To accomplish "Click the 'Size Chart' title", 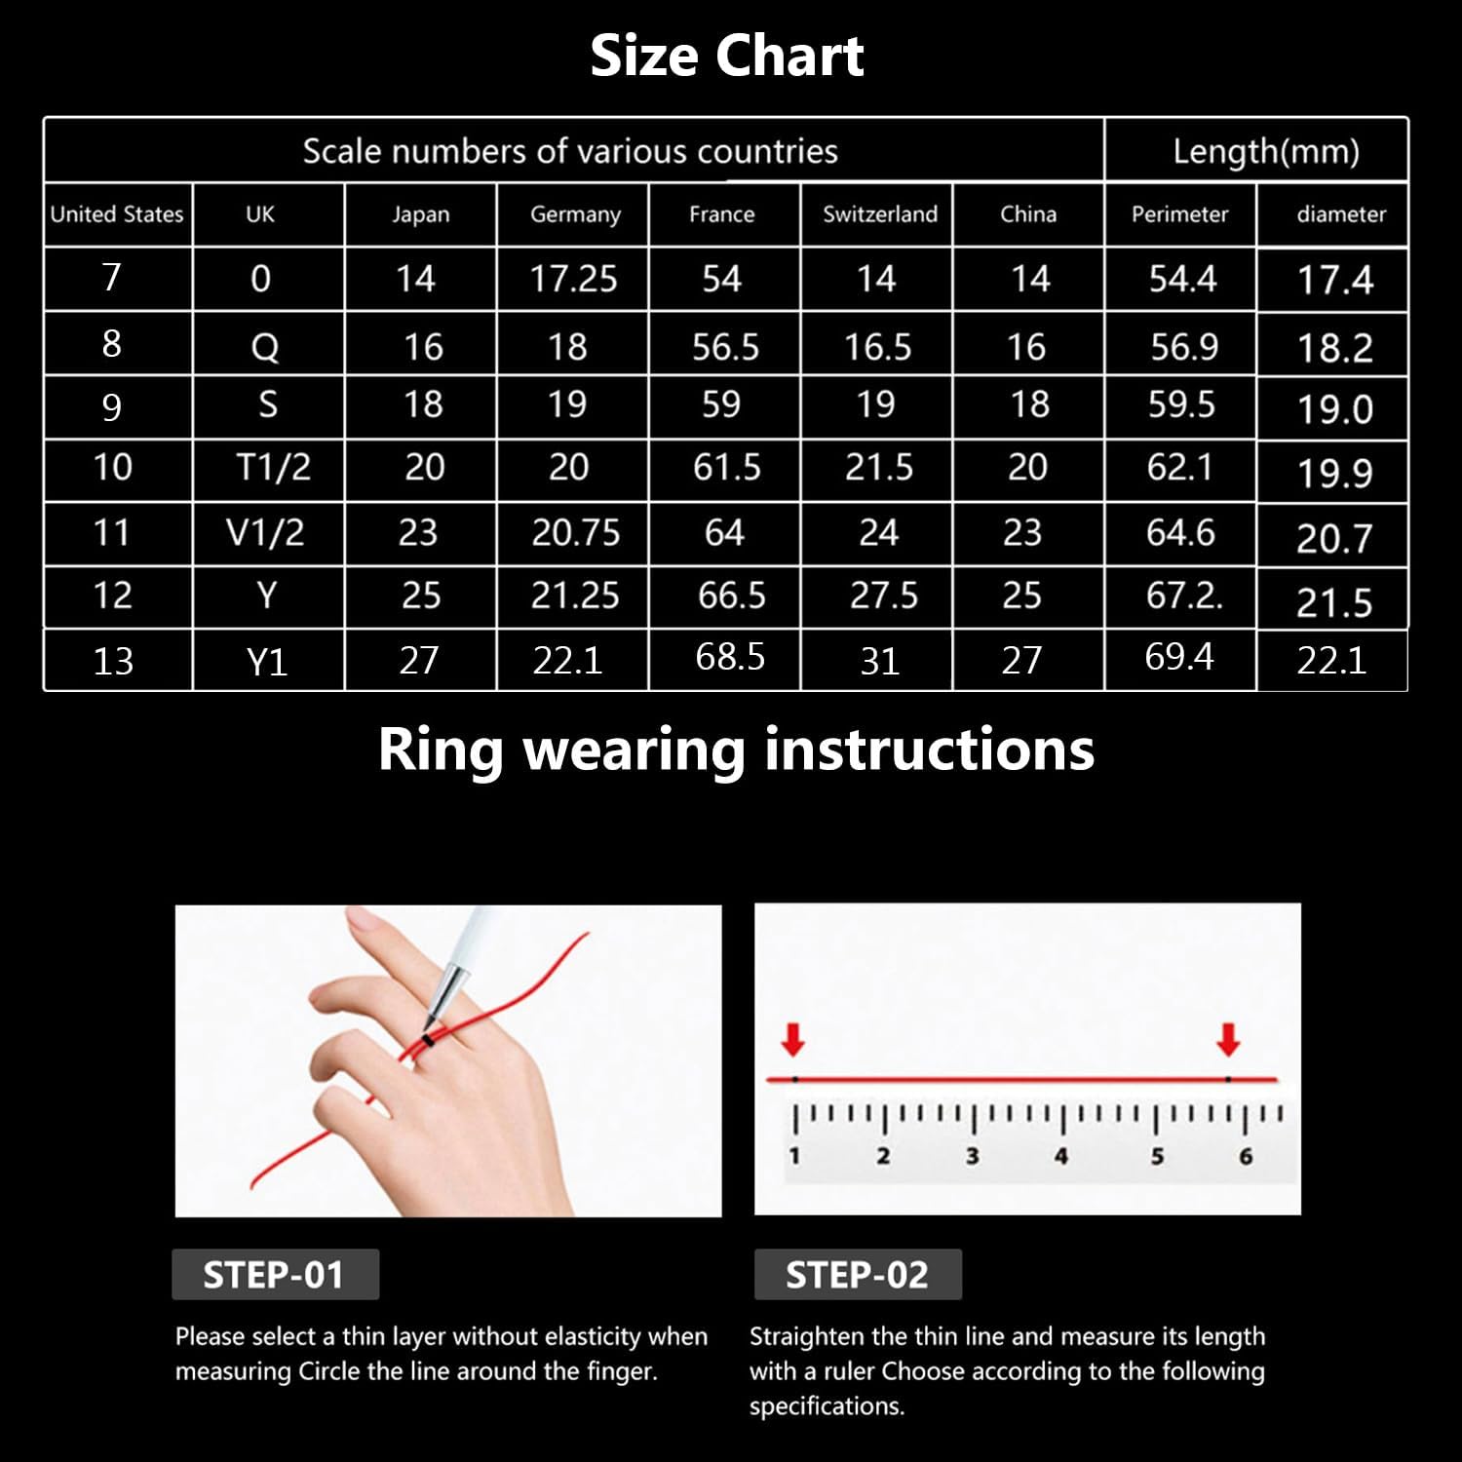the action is (x=727, y=56).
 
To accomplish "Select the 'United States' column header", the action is (x=117, y=214).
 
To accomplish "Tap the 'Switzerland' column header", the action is (x=880, y=214).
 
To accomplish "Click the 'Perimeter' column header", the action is (x=1179, y=214).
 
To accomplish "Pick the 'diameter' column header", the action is (x=1341, y=214).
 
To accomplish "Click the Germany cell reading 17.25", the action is (x=573, y=280).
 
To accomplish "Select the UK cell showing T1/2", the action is (x=274, y=468).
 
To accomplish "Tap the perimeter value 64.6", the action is (x=1180, y=532).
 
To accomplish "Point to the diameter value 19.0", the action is (x=1335, y=409).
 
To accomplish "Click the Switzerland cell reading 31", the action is (x=879, y=662).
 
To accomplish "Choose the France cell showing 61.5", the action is (x=727, y=468).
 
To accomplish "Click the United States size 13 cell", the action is (x=113, y=662).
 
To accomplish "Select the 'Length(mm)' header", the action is (x=1266, y=151).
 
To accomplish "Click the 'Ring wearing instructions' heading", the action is (x=736, y=750).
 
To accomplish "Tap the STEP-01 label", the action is (x=274, y=1275).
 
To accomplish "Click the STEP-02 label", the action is (x=857, y=1275).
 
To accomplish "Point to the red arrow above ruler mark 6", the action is (x=1228, y=1040).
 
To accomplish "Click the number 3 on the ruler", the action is (x=972, y=1156).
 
